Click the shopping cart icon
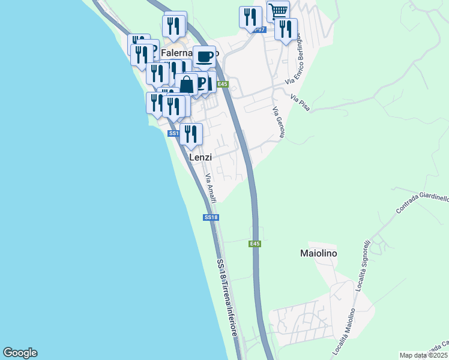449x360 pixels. tap(278, 11)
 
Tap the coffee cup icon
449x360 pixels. tap(205, 56)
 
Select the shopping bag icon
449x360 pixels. tap(187, 83)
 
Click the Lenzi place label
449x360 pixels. tap(200, 157)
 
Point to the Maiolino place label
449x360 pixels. tap(318, 253)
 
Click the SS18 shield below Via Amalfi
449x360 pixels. tap(210, 217)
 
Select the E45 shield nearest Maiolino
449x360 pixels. tap(255, 244)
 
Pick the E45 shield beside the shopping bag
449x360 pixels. tap(223, 85)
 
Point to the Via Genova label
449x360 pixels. tap(277, 122)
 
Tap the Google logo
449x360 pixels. tap(20, 353)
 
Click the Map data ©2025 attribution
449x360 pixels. tap(423, 355)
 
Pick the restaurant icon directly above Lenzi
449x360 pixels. tap(191, 134)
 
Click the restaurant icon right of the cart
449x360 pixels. tap(286, 28)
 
